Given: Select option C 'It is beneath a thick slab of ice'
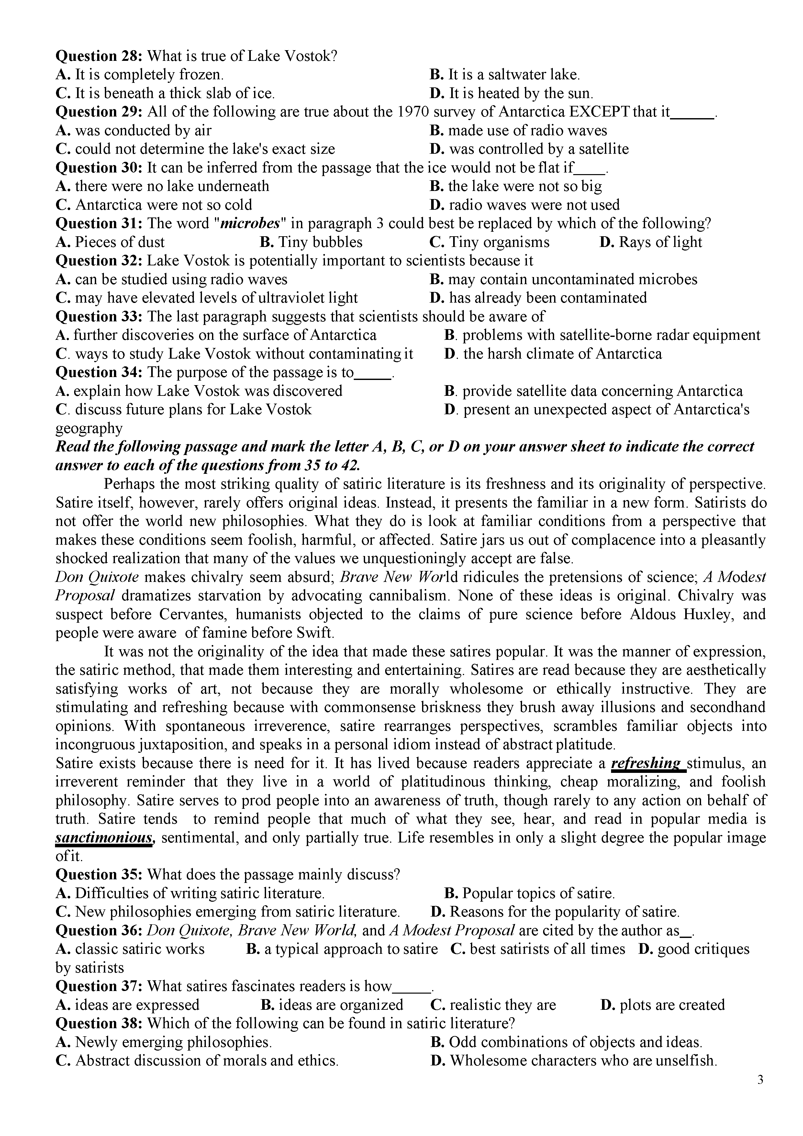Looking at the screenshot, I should [x=165, y=93].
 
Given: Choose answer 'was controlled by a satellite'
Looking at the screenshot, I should [x=530, y=149].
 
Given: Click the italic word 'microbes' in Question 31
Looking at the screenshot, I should [x=249, y=224].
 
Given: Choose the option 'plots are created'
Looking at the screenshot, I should [x=663, y=1005].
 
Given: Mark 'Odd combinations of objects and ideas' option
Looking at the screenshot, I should [x=566, y=1042].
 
